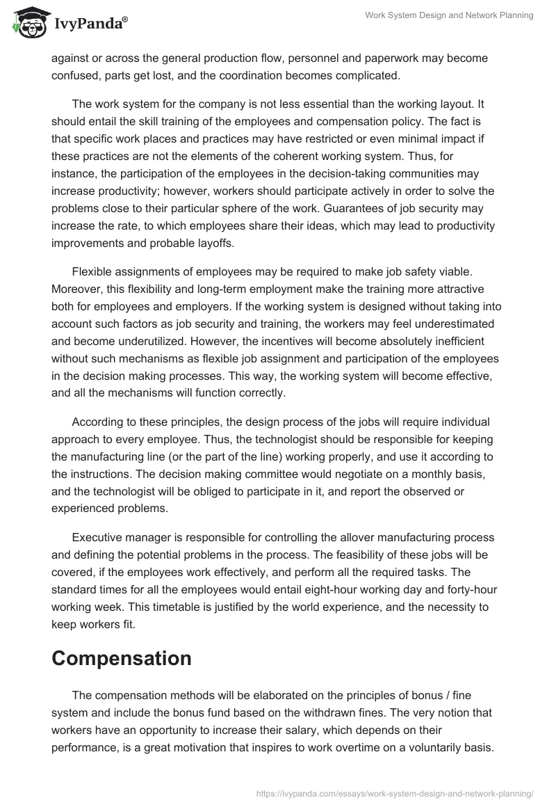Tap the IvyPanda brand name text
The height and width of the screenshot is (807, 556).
[x=89, y=25]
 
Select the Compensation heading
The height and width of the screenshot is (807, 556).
[x=122, y=658]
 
